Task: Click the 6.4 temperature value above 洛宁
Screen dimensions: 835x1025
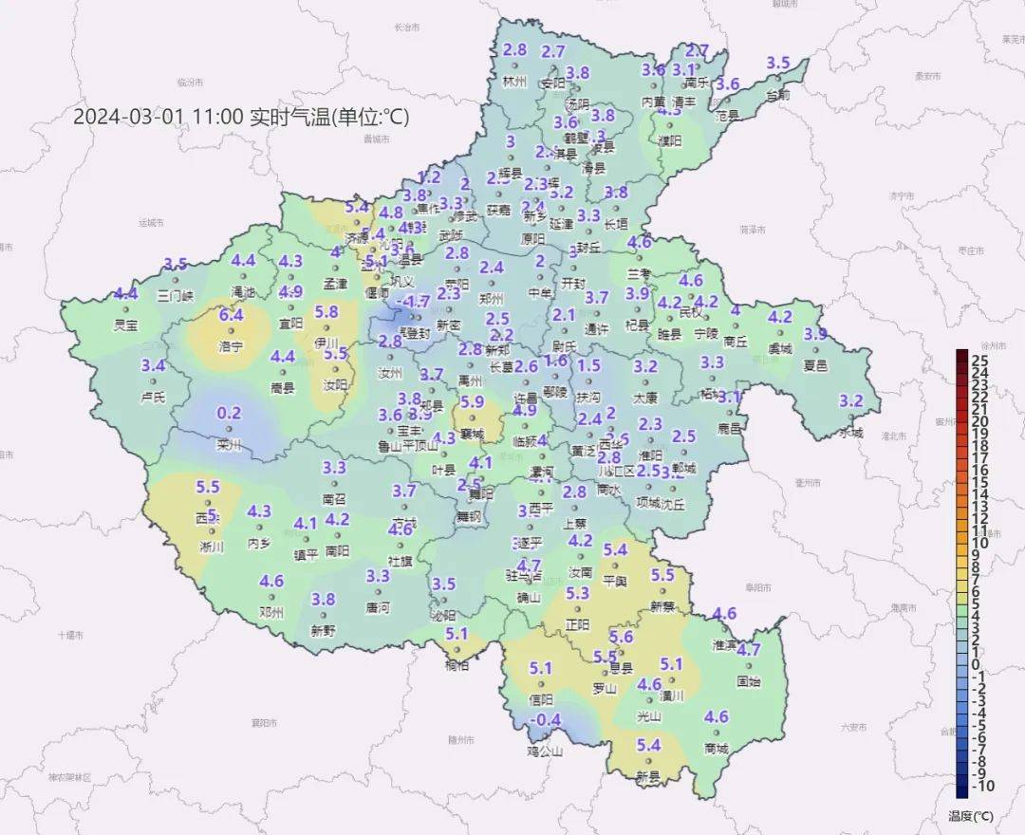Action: click(x=232, y=315)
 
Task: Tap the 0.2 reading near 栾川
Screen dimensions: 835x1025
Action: click(x=230, y=413)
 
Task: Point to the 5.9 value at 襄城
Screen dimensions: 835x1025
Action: click(x=472, y=402)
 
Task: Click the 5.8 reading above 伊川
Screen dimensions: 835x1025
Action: click(x=326, y=311)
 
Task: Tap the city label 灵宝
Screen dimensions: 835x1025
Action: click(x=125, y=325)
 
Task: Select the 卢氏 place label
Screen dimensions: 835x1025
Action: click(x=153, y=397)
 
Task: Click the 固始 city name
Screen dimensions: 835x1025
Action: click(x=748, y=680)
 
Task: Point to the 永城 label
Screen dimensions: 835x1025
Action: click(x=851, y=433)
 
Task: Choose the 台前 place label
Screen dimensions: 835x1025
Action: click(x=777, y=94)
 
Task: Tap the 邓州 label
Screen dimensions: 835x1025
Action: click(x=271, y=612)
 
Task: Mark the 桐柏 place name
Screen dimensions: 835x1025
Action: click(x=457, y=665)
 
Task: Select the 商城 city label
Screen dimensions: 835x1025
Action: click(x=717, y=749)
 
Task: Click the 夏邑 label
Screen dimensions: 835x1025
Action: click(x=815, y=365)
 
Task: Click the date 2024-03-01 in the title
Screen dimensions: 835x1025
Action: click(x=128, y=117)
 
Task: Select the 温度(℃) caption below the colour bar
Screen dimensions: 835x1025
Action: click(x=970, y=815)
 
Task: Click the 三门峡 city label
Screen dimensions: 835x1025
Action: click(x=176, y=295)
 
